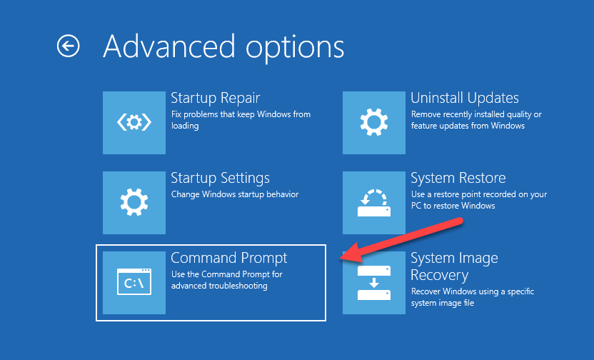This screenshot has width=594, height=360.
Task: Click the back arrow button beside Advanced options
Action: (69, 46)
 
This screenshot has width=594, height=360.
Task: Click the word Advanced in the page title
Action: (170, 46)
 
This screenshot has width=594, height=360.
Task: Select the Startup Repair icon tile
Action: (134, 123)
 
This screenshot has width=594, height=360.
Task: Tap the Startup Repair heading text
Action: (215, 98)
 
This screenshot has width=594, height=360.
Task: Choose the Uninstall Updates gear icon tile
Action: (374, 123)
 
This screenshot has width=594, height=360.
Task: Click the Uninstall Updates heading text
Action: (465, 98)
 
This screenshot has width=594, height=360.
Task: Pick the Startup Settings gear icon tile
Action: (134, 203)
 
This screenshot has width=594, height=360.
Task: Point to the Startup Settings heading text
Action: (220, 178)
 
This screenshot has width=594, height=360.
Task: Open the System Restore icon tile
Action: (374, 203)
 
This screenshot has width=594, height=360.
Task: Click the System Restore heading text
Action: (458, 178)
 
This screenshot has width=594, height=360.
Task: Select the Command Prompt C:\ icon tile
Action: (134, 283)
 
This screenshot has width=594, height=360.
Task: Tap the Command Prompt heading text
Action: (228, 258)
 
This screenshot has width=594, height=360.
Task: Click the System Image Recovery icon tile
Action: (374, 283)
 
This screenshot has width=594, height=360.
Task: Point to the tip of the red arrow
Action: (340, 259)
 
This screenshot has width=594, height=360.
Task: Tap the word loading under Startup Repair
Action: (185, 126)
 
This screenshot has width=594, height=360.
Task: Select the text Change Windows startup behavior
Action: (235, 194)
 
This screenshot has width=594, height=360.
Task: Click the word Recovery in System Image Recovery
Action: (440, 276)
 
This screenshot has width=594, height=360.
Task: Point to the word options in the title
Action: (295, 49)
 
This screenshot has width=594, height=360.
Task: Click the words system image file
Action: (443, 303)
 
